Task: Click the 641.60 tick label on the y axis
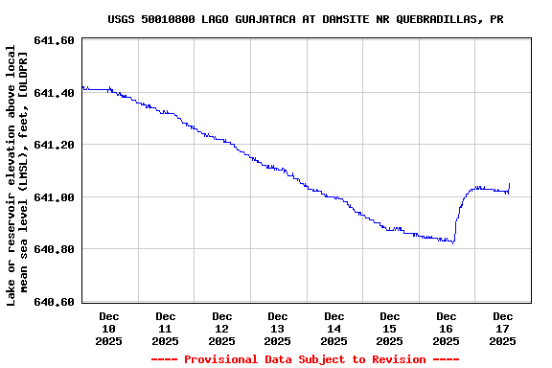tap(54, 40)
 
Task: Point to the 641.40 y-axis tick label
tap(54, 93)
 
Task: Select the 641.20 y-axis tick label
tap(54, 145)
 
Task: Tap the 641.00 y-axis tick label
tap(54, 197)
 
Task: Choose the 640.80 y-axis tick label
tap(54, 249)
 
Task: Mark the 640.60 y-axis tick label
tap(54, 302)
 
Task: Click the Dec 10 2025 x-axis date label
tap(109, 328)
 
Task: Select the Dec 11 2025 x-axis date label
tap(166, 328)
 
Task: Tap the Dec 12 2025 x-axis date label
tap(222, 328)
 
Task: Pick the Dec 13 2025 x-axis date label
tap(278, 328)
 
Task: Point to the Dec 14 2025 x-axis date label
tap(334, 328)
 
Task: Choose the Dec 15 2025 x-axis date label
tap(390, 328)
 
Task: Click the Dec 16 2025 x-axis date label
tap(447, 328)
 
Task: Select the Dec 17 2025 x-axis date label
tap(503, 328)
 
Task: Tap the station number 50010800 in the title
tap(171, 19)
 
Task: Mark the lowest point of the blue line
tap(452, 242)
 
